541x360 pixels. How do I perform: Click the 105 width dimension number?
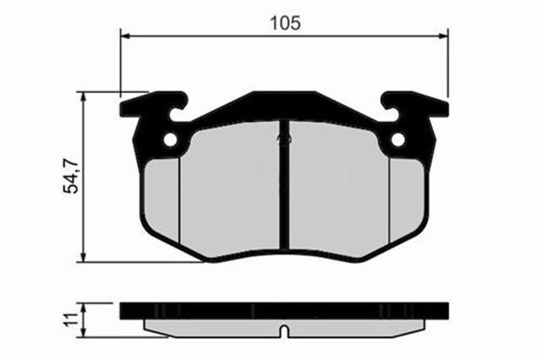pyautogui.click(x=285, y=23)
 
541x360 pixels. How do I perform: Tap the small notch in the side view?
pyautogui.click(x=285, y=329)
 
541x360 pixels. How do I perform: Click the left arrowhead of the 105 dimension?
pyautogui.click(x=127, y=35)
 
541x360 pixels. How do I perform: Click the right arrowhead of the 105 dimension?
pyautogui.click(x=444, y=35)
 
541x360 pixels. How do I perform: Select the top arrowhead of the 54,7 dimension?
pyautogui.click(x=83, y=97)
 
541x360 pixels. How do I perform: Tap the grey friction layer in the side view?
pyautogui.click(x=211, y=325)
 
